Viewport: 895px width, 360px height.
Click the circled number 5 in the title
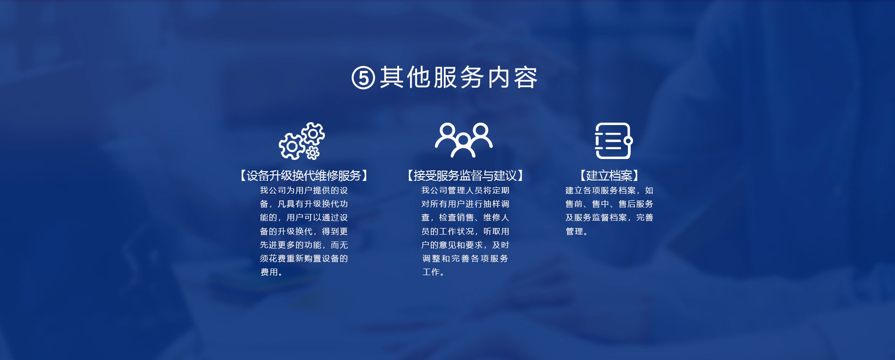click(363, 77)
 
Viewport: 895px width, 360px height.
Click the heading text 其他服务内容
click(459, 77)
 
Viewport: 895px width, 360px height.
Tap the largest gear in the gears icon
click(292, 146)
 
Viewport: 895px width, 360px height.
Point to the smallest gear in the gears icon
click(313, 153)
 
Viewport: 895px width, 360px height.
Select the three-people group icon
click(464, 140)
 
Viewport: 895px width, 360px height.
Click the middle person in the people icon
click(464, 145)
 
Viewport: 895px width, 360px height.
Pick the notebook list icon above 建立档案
click(613, 141)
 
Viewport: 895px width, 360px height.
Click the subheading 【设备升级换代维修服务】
click(304, 176)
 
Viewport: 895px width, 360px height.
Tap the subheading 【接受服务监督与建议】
click(465, 176)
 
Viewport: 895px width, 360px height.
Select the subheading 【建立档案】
click(609, 176)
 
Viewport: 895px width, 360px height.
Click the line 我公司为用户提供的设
click(304, 190)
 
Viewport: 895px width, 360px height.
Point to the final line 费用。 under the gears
click(271, 272)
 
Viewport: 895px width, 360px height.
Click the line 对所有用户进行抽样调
click(465, 204)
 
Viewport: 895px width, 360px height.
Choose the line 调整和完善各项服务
click(465, 258)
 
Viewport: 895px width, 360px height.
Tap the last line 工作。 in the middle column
click(433, 272)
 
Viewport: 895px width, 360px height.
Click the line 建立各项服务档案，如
click(609, 190)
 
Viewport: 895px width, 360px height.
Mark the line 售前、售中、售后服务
click(609, 204)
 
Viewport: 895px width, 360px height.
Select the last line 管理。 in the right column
click(577, 231)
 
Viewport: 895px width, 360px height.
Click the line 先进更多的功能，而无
click(304, 245)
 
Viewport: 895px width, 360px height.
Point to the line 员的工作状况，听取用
click(465, 231)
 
